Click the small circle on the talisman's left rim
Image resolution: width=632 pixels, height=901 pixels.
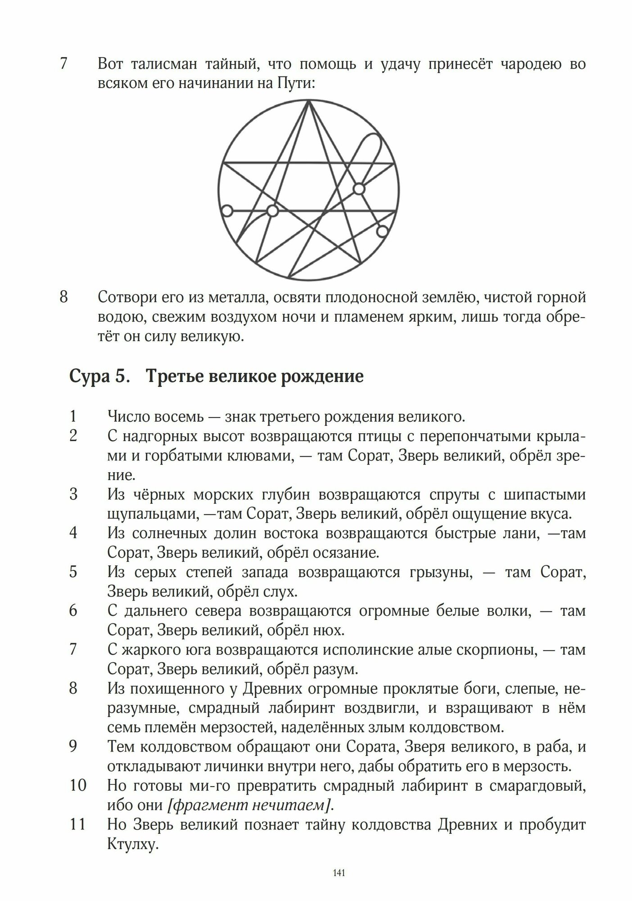(x=227, y=210)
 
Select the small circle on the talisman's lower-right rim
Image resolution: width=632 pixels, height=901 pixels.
(x=382, y=231)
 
